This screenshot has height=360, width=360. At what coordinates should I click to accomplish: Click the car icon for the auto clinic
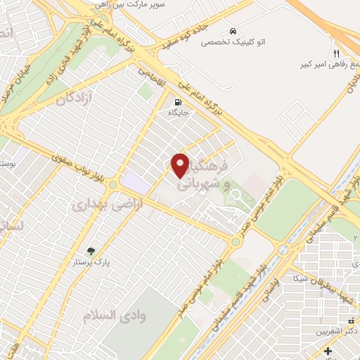(232, 31)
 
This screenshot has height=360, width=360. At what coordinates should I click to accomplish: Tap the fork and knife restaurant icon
(337, 53)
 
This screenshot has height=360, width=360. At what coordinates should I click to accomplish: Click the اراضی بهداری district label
(98, 205)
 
